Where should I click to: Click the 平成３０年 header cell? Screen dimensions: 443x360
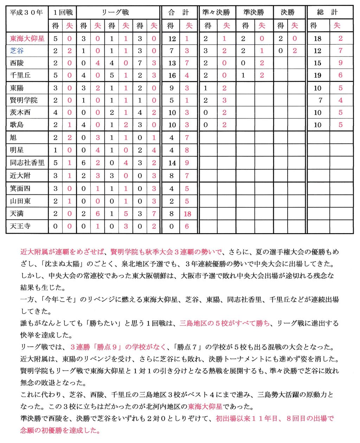coord(26,13)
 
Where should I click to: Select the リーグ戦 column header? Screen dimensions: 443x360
coord(116,13)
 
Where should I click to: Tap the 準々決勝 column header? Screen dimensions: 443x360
coord(216,13)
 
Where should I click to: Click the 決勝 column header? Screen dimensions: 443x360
coord(288,13)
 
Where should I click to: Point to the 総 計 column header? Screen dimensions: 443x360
coord(327,13)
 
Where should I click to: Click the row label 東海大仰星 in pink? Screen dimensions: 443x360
coord(27,39)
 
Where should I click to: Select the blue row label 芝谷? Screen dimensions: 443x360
coord(17,51)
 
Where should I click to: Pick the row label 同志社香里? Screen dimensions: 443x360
coord(27,163)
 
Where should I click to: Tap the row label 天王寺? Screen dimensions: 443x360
coord(20,226)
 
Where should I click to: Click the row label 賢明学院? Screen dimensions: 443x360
coord(24,100)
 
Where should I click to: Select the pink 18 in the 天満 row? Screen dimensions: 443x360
coord(187,214)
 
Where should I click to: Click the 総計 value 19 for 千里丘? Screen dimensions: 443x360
coord(317,75)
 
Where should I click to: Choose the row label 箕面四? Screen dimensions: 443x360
coord(20,188)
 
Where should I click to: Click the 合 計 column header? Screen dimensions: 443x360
coord(179,13)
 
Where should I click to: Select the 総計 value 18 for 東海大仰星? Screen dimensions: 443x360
coord(317,39)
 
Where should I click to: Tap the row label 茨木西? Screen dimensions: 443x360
coord(20,113)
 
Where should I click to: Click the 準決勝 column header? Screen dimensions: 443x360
coord(254,13)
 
